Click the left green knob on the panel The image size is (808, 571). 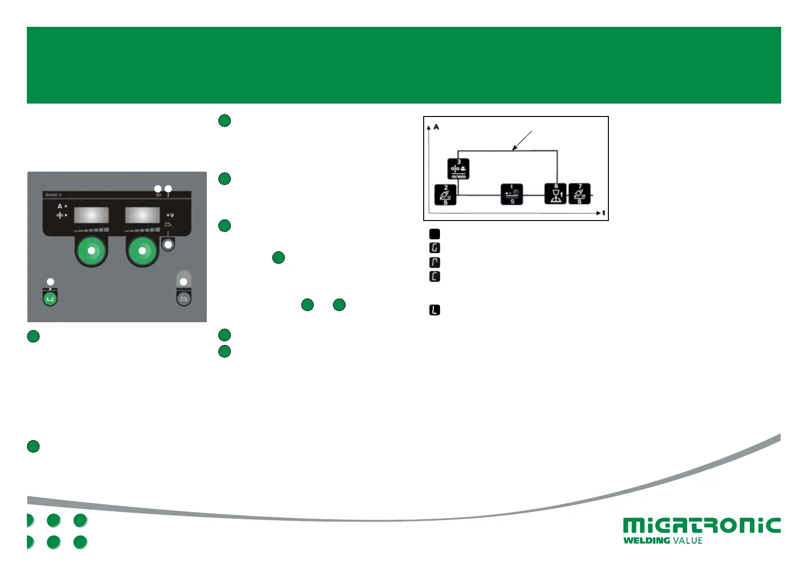(x=91, y=250)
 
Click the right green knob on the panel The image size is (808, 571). (x=142, y=250)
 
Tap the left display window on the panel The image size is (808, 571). (x=92, y=215)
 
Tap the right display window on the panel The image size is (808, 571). (x=143, y=215)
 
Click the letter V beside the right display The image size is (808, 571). (x=172, y=215)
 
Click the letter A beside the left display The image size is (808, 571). (x=60, y=206)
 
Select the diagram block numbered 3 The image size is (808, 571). (x=458, y=169)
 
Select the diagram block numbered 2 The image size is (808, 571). (x=445, y=195)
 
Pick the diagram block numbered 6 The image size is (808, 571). (x=556, y=194)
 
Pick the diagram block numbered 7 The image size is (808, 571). (x=580, y=194)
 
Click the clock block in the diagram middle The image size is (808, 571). (x=512, y=194)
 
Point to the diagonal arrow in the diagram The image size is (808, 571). (x=522, y=140)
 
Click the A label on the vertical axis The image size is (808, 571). (x=436, y=127)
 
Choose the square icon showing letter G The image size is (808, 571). (x=435, y=248)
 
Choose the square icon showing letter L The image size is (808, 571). (x=435, y=310)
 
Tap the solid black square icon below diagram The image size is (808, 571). (x=435, y=234)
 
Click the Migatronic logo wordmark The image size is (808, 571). (x=701, y=525)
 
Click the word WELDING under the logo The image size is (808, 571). (x=646, y=541)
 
